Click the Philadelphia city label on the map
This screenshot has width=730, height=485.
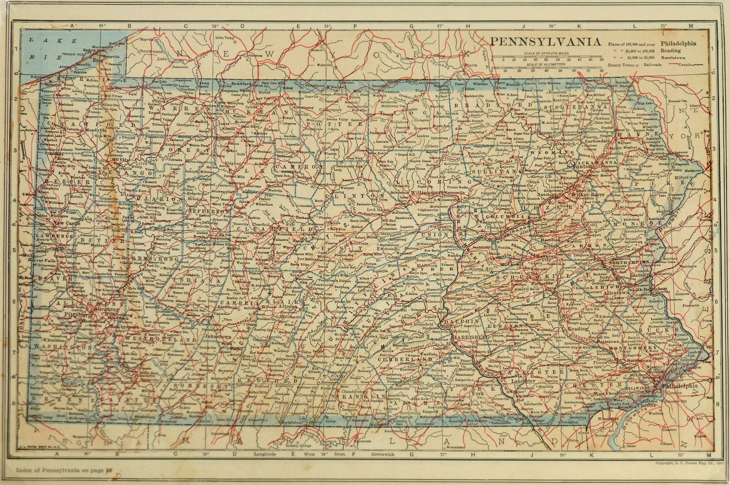click(684, 386)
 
